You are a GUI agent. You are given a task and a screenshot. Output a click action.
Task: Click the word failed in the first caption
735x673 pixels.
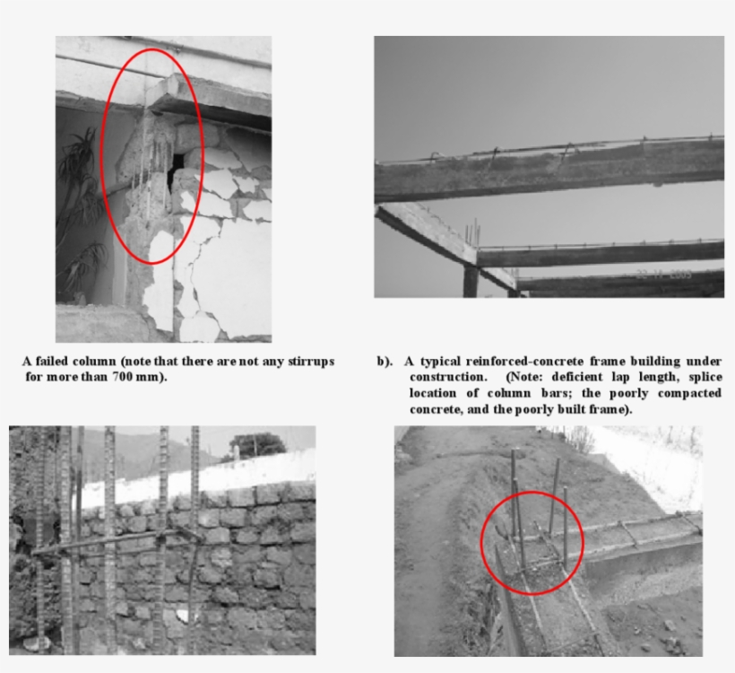point(51,361)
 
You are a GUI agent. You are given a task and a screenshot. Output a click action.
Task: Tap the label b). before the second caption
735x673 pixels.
point(385,361)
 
